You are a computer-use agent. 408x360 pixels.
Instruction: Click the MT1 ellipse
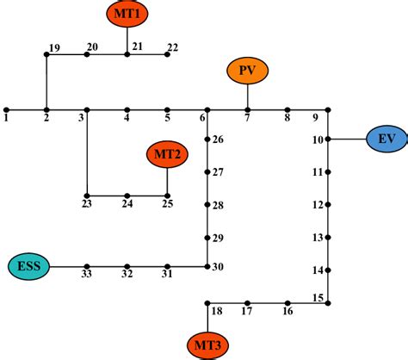[127, 13]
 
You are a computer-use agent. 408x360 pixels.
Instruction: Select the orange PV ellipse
[248, 71]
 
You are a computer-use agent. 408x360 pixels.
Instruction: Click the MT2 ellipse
[167, 155]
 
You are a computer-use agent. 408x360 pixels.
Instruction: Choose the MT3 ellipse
[207, 346]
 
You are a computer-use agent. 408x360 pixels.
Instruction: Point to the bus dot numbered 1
[6, 109]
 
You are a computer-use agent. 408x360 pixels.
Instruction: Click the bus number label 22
[172, 47]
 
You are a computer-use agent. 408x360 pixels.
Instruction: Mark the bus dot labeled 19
[46, 54]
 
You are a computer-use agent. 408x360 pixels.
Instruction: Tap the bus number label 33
[87, 275]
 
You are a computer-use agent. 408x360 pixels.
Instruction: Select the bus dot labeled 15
[329, 303]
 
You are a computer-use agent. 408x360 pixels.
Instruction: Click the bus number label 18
[217, 311]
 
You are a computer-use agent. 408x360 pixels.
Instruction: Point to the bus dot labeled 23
[87, 196]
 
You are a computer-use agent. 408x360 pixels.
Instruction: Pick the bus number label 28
[218, 205]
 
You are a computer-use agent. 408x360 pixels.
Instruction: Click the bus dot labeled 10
[329, 139]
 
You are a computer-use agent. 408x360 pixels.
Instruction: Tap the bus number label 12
[318, 205]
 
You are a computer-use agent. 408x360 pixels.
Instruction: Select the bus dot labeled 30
[207, 267]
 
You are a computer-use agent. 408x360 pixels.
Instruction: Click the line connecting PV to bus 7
[248, 96]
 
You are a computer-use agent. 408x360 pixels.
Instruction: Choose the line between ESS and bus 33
[69, 267]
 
